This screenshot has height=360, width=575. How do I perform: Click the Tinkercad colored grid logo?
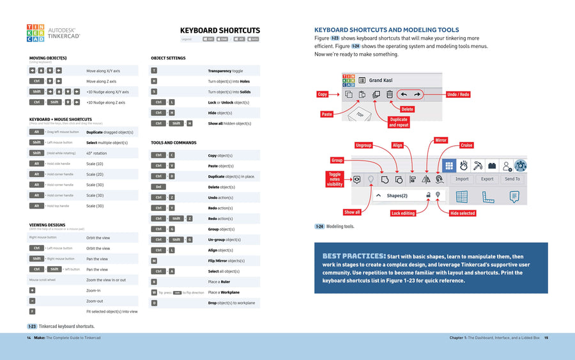tap(36, 33)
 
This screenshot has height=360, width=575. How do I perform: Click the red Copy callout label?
tap(323, 94)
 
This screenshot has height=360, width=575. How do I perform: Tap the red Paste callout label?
tap(326, 114)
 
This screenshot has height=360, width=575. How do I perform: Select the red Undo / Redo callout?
tap(458, 95)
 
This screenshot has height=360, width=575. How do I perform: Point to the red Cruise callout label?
tap(466, 145)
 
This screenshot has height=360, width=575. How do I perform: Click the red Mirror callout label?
tap(441, 140)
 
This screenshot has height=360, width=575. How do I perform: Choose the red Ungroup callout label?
tap(364, 145)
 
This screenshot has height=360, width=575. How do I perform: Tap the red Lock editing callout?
tap(403, 213)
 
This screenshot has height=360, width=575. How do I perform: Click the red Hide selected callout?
tap(463, 213)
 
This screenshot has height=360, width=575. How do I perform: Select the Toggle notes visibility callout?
tap(335, 179)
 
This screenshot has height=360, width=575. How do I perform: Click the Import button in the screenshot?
tap(462, 179)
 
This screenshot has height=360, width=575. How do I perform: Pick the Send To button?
tap(512, 179)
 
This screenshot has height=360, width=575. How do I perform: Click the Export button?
tap(487, 179)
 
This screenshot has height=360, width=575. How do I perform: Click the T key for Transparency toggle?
tap(154, 71)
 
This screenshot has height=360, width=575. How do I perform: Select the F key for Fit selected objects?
tap(33, 311)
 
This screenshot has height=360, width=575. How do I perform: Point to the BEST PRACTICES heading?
tap(354, 256)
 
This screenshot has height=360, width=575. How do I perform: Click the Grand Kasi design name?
tap(381, 81)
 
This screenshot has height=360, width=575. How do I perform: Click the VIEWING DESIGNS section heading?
tap(47, 225)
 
